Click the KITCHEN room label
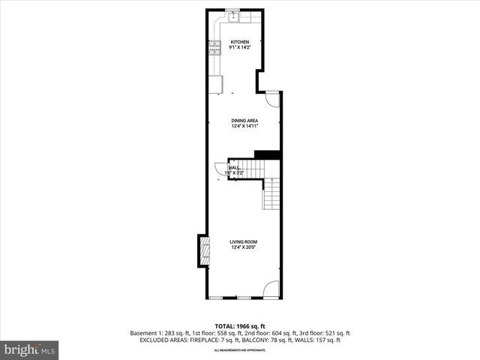click(240, 41)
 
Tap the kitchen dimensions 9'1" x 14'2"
click(240, 47)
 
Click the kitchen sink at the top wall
click(233, 13)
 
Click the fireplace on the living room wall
click(202, 251)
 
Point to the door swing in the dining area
click(272, 98)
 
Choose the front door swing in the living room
click(272, 288)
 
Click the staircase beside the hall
click(271, 196)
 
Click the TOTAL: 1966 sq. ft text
click(240, 326)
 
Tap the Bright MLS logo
click(30, 349)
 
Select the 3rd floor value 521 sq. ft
click(337, 333)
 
